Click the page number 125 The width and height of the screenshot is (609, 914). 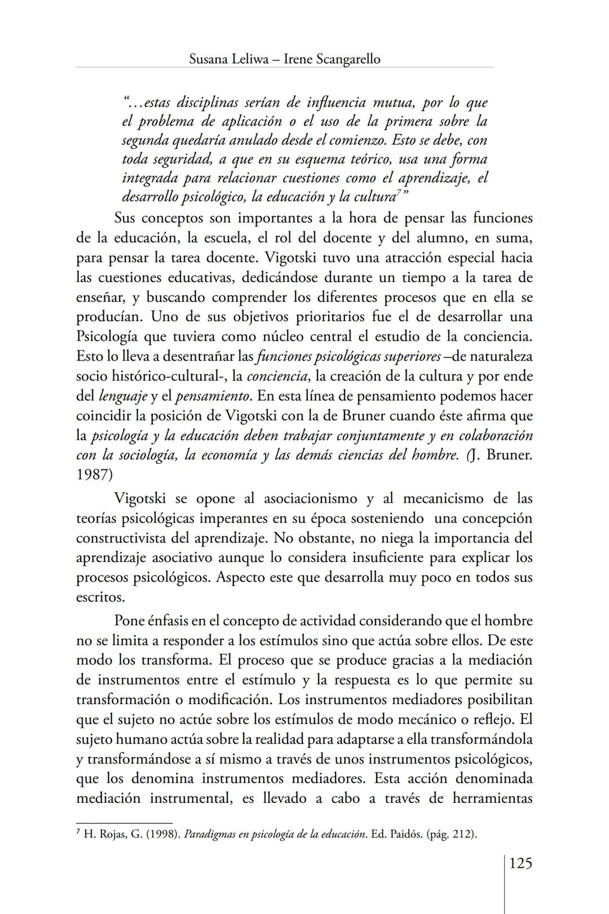point(520,863)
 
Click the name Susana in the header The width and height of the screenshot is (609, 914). point(209,59)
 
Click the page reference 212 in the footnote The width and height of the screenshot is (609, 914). point(462,834)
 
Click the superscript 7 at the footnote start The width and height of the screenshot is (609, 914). point(78,832)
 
